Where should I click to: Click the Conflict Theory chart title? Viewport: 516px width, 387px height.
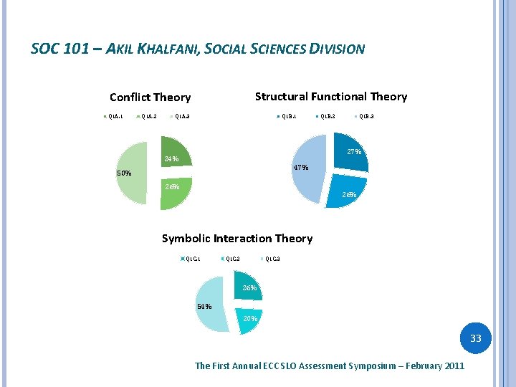coord(150,97)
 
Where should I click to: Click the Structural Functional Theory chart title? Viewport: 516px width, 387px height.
coord(330,97)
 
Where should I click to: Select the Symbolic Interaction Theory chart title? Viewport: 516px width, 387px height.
coord(236,239)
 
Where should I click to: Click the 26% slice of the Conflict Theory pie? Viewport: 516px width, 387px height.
coord(176,192)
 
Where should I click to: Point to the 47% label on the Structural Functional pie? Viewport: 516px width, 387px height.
coord(300,168)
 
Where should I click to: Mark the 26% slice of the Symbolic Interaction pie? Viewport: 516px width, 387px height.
coord(249,288)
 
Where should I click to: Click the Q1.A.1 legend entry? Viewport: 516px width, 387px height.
coord(114,117)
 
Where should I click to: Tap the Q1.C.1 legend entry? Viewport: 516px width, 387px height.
coord(191,259)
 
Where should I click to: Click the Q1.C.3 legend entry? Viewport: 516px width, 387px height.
coord(271,259)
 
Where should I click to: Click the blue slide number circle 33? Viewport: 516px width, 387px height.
coord(475,338)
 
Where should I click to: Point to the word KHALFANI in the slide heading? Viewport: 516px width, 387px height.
coord(163,49)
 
